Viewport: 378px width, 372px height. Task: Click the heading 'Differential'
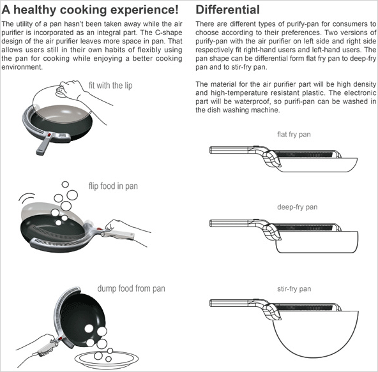(x=227, y=10)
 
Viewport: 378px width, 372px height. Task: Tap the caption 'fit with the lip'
(x=110, y=86)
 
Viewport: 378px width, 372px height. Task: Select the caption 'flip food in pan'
(x=113, y=186)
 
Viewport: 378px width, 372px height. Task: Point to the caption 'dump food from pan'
(x=131, y=288)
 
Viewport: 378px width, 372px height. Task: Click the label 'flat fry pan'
(x=294, y=134)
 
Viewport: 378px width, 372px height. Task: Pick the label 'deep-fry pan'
(x=298, y=207)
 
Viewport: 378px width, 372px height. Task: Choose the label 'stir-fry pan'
(x=294, y=288)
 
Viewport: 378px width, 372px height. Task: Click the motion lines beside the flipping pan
(x=27, y=198)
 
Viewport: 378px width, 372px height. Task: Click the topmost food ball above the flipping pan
(x=65, y=184)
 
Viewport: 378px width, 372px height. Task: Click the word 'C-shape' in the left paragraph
(x=169, y=33)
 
